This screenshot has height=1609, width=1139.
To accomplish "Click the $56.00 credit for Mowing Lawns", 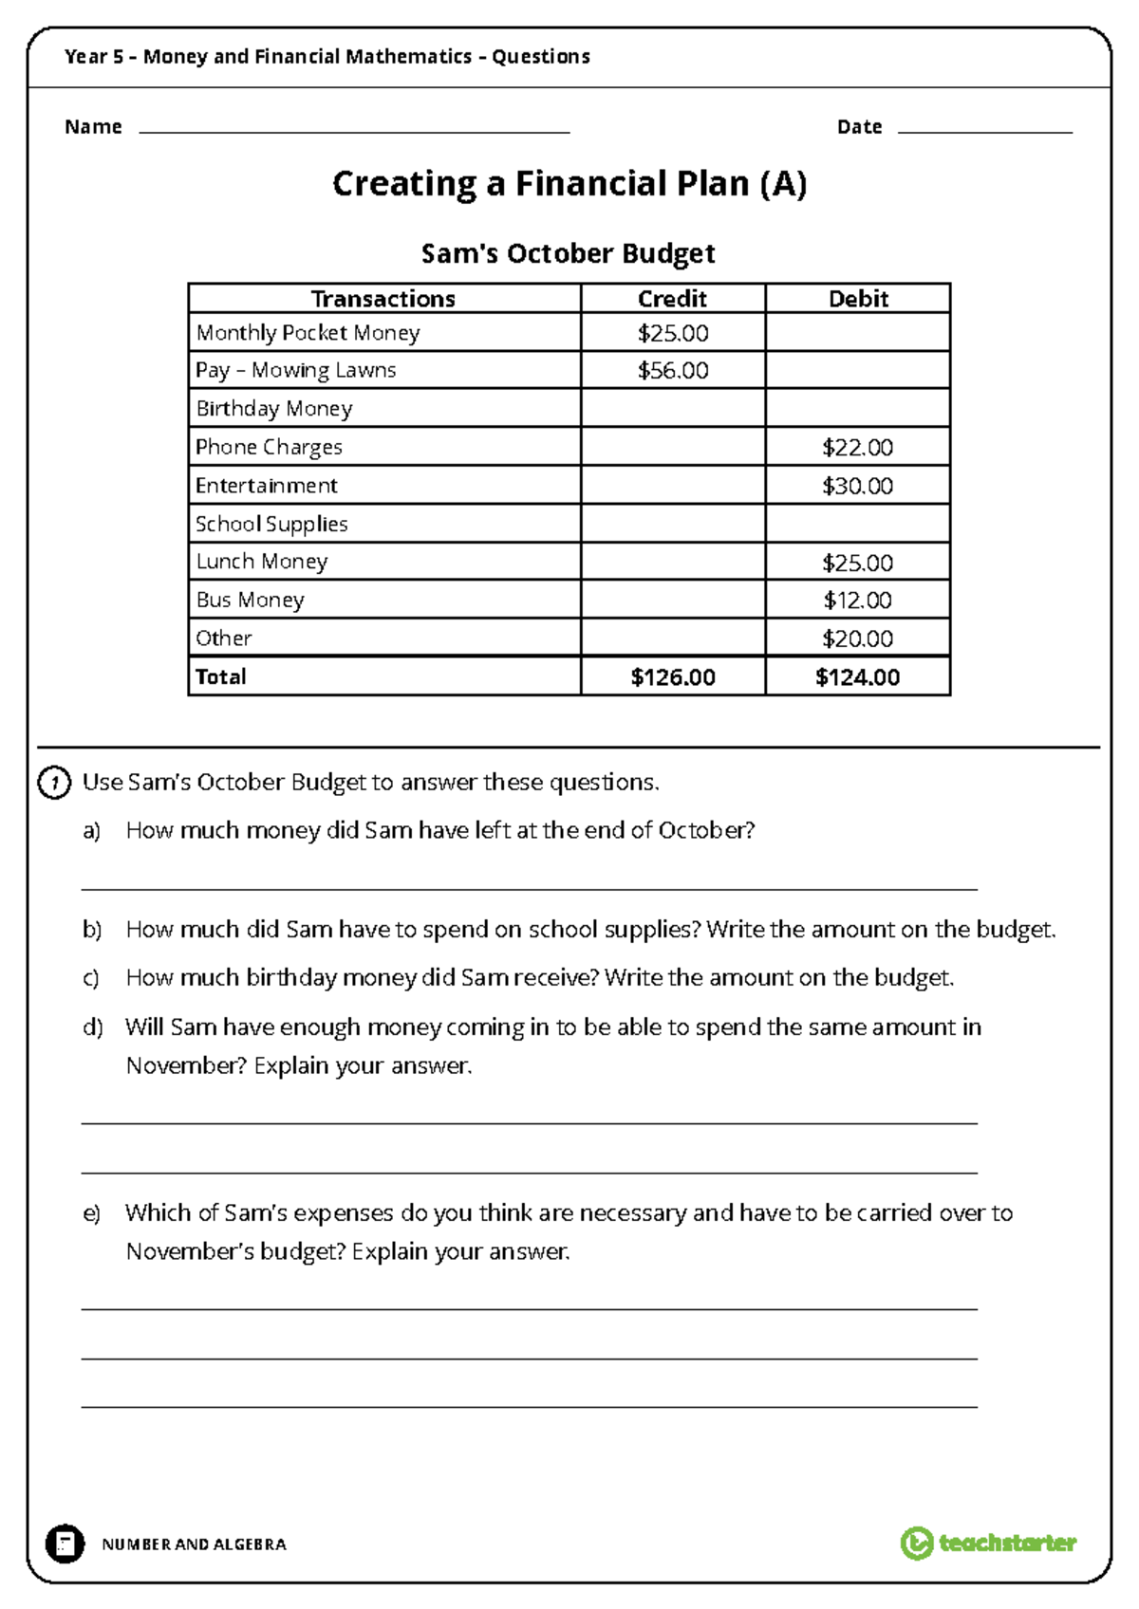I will pos(672,370).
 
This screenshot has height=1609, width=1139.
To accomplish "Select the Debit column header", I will pos(857,299).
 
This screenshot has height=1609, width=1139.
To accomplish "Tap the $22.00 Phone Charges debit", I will pos(857,447).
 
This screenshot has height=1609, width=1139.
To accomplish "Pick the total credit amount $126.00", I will pos(672,676).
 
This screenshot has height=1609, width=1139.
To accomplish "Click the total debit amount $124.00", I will pos(857,676).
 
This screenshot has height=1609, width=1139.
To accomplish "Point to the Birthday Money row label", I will pos(273,409).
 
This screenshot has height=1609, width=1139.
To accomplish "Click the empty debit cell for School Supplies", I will pos(857,524).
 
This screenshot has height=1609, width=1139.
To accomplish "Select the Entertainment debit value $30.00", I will pos(857,486).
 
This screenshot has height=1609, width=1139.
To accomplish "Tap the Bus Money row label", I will pos(250,600).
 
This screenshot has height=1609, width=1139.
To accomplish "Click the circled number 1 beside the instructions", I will pos(54,783).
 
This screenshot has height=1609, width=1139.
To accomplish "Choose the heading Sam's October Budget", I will pos(568,253).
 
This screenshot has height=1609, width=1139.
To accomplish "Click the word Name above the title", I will pos(93,127).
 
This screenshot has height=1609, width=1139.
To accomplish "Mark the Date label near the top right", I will pos(859,127).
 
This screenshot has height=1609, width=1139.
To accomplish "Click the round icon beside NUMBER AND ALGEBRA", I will pos(65,1544).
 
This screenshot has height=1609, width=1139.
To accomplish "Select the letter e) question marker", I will pos(91,1213).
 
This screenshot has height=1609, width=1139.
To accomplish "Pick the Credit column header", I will pos(672,299).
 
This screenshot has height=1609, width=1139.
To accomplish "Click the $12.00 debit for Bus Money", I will pos(857,600).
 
